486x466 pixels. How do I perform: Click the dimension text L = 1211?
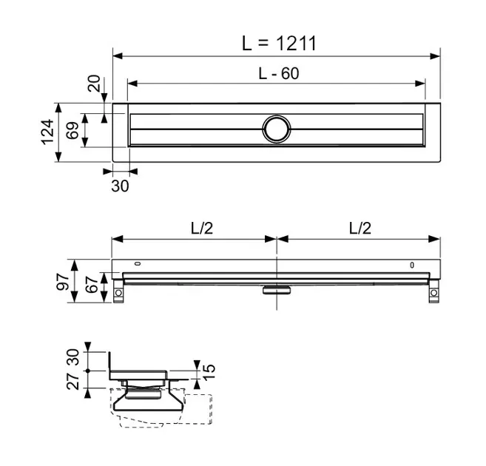(279, 43)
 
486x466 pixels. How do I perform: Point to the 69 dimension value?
(72, 131)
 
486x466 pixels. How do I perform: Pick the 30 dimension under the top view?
(119, 186)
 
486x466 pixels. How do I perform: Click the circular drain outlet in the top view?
(277, 129)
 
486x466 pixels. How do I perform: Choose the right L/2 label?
(359, 228)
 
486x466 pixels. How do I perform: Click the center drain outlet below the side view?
(276, 290)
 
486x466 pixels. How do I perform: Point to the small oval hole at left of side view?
(138, 264)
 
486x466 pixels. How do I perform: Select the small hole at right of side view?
(412, 265)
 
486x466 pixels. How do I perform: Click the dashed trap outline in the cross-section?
(163, 414)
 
